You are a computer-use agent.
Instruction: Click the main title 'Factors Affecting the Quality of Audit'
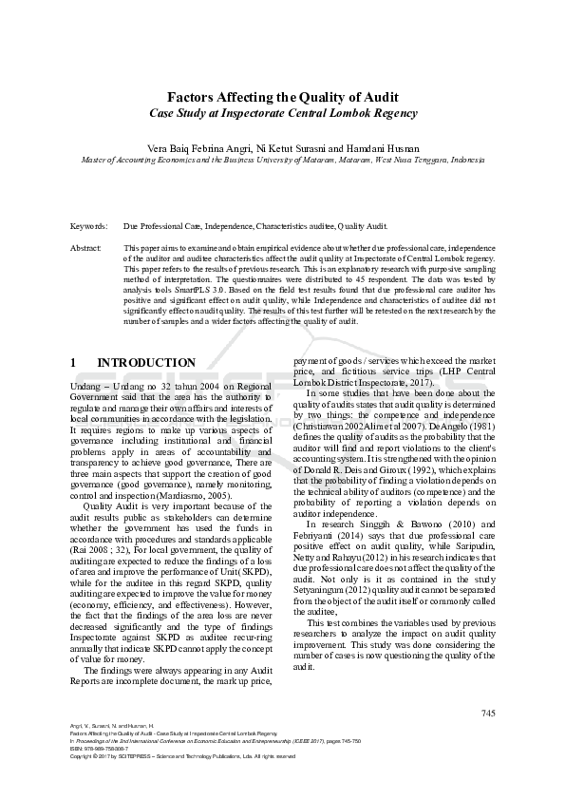tap(282, 97)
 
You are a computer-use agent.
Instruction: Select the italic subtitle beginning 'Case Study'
tap(282, 113)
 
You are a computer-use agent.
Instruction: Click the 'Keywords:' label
tap(89, 228)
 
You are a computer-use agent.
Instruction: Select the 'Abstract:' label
tap(87, 248)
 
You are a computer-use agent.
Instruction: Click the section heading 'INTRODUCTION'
tap(146, 363)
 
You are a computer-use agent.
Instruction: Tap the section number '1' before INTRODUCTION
tap(74, 363)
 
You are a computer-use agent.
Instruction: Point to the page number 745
tap(488, 714)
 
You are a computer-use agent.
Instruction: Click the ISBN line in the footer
tap(100, 749)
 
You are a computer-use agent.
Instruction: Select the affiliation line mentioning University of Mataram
tap(282, 161)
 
